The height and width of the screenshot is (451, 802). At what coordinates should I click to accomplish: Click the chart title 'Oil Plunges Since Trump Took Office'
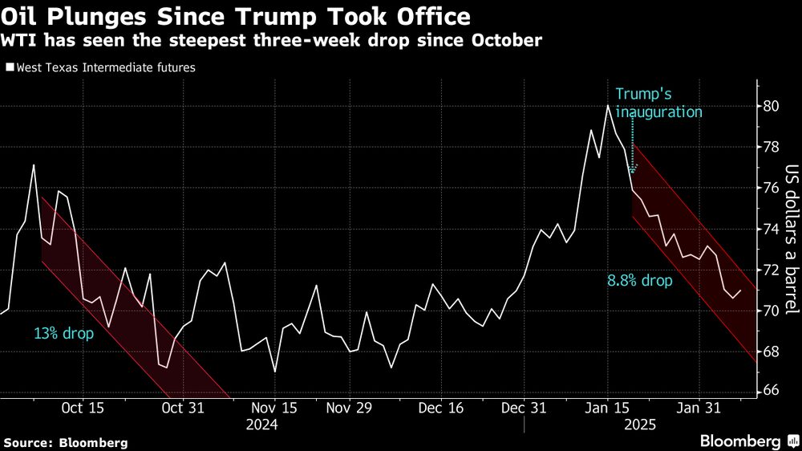click(237, 15)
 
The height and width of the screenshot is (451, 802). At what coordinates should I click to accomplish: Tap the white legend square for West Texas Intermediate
click(9, 68)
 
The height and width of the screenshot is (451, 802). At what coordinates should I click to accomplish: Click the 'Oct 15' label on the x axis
click(82, 408)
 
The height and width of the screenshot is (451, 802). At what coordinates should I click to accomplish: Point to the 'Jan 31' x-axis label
click(699, 408)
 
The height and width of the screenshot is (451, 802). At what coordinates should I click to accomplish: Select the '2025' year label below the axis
click(639, 425)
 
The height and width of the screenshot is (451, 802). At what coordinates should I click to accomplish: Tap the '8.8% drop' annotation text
click(640, 282)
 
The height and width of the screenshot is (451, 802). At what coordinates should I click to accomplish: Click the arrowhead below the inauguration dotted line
click(632, 170)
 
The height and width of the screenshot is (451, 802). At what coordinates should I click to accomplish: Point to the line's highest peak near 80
click(608, 105)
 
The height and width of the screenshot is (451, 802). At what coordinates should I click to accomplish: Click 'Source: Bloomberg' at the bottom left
click(66, 442)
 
